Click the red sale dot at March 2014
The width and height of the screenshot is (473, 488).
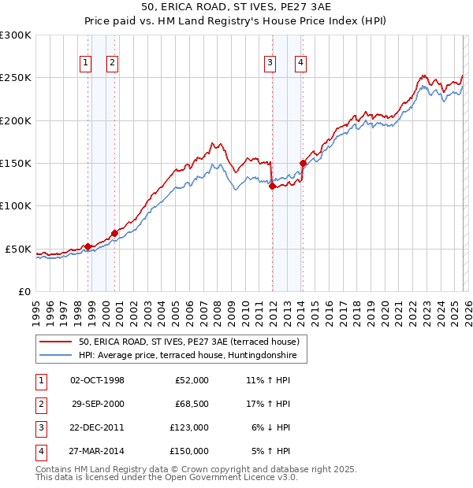pyautogui.click(x=304, y=164)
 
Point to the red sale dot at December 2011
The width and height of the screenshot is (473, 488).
pyautogui.click(x=272, y=187)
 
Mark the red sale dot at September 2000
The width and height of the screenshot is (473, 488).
pyautogui.click(x=114, y=233)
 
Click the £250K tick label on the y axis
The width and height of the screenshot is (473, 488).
pyautogui.click(x=16, y=78)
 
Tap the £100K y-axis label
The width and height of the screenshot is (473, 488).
pyautogui.click(x=16, y=205)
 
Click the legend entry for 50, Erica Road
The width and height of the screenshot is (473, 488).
pyautogui.click(x=188, y=342)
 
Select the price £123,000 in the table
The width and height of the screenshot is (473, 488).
pyautogui.click(x=189, y=427)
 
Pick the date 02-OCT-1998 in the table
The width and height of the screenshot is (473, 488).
pyautogui.click(x=97, y=380)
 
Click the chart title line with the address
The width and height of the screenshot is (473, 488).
pyautogui.click(x=236, y=8)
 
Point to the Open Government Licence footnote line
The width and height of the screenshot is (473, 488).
pyautogui.click(x=166, y=477)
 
